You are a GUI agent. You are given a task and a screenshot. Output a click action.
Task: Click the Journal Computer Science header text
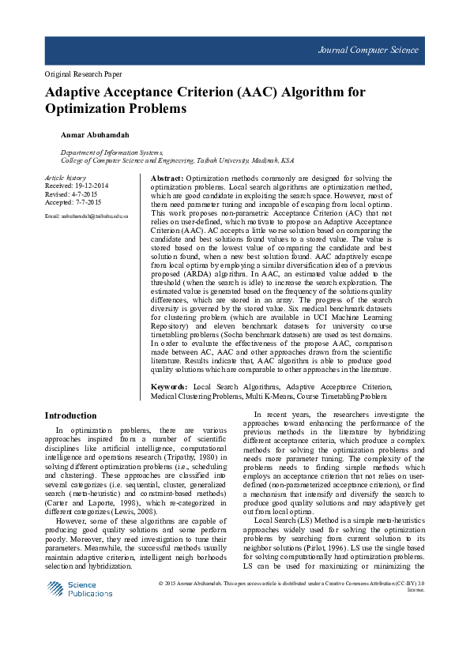click(368, 50)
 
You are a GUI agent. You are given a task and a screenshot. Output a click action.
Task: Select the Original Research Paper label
click(83, 74)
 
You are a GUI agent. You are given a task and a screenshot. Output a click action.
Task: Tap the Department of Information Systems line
click(111, 152)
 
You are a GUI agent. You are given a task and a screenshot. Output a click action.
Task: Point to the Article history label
click(66, 178)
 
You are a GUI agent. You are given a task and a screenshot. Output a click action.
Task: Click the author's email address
click(87, 216)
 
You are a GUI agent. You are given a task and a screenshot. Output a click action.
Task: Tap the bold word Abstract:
click(167, 179)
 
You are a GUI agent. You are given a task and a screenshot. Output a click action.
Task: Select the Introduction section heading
click(70, 415)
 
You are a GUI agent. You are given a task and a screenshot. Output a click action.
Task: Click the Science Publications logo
click(79, 589)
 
